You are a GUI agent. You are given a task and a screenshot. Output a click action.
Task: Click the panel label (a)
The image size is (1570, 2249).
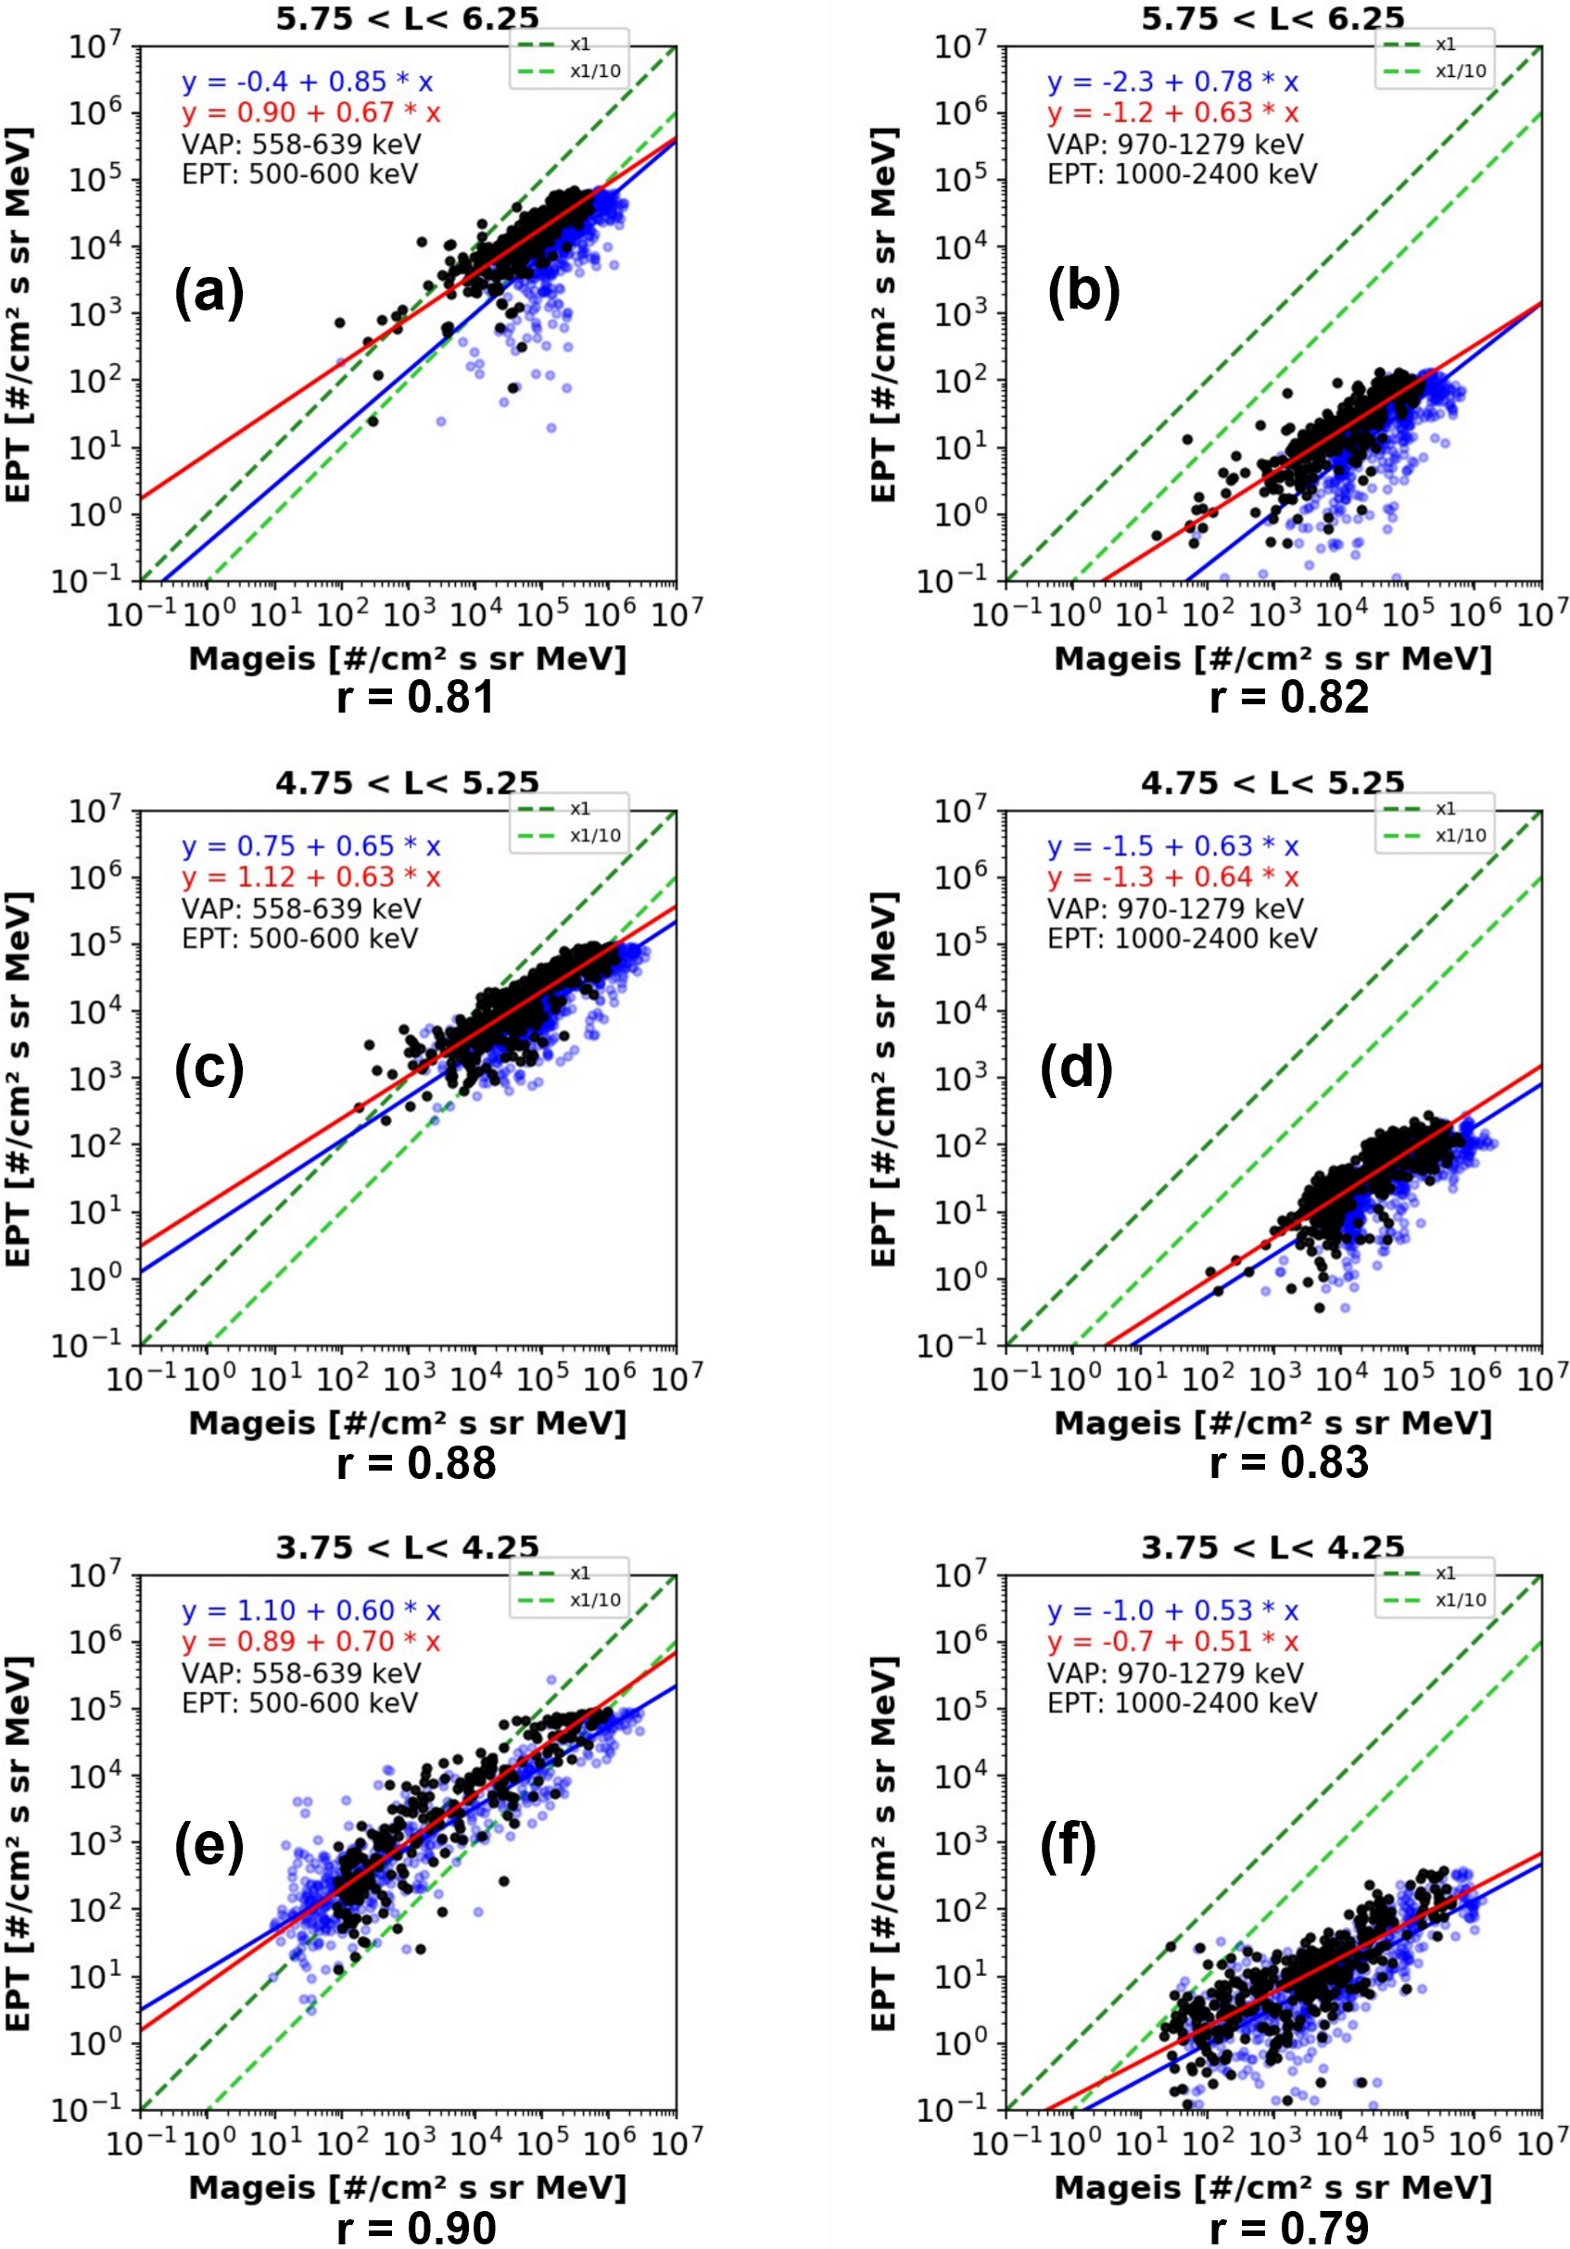[209, 292]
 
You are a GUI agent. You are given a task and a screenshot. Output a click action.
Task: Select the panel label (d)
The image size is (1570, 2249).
[1075, 1068]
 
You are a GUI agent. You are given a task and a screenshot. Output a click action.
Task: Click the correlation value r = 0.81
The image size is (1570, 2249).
[415, 697]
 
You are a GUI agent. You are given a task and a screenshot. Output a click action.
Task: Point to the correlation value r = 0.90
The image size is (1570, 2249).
[415, 2227]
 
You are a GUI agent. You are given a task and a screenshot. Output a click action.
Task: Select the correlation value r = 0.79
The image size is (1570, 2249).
[1288, 2227]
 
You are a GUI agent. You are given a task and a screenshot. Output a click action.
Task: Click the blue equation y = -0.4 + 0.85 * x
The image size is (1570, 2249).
[308, 82]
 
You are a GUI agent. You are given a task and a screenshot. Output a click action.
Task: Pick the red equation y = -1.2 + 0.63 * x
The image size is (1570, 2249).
[1173, 113]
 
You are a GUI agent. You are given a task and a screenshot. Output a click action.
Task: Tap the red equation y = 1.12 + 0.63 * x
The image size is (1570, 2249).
[311, 877]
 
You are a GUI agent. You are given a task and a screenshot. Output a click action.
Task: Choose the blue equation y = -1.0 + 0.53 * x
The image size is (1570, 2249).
[1173, 1611]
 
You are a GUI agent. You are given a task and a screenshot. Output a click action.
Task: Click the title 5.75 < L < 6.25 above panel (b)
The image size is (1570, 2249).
[1272, 18]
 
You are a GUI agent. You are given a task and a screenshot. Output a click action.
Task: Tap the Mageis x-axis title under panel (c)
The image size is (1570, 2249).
[407, 1422]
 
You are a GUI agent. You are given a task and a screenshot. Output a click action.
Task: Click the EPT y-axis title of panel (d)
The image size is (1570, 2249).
[883, 1078]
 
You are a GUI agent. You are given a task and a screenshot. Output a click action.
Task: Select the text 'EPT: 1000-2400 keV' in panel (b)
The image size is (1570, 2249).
[1183, 174]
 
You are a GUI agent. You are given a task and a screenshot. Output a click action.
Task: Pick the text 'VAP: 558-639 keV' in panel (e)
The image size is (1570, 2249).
[301, 1673]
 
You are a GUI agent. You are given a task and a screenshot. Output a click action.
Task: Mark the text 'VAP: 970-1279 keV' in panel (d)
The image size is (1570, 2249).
[1175, 908]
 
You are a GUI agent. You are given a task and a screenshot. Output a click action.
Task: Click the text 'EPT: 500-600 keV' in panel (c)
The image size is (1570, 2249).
[299, 939]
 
